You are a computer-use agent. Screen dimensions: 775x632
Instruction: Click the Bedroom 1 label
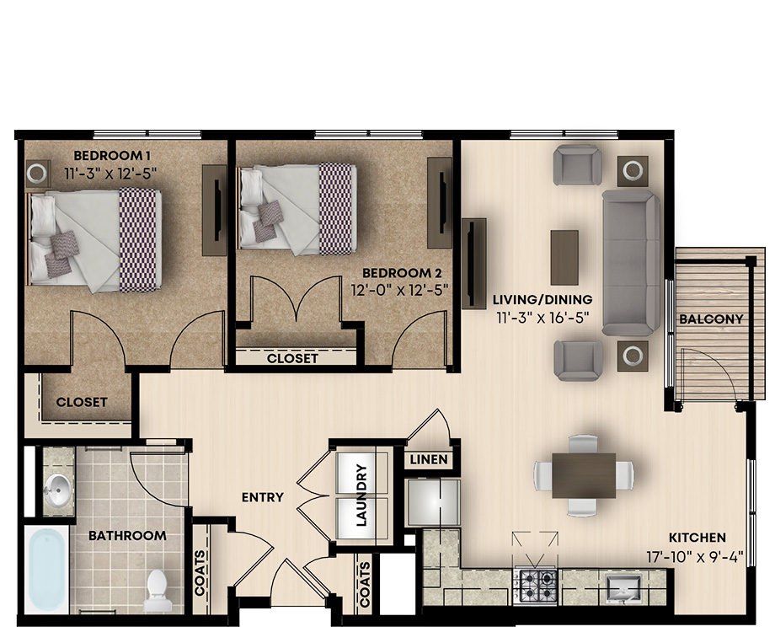[112, 155]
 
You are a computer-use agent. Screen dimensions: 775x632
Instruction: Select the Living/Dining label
[542, 299]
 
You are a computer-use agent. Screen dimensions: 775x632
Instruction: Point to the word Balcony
[711, 319]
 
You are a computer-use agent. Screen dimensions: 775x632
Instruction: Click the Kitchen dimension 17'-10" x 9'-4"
[695, 557]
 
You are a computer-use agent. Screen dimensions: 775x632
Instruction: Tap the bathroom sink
[57, 490]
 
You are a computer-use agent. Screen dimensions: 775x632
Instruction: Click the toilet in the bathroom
[158, 590]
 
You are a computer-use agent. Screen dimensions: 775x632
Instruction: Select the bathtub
[46, 570]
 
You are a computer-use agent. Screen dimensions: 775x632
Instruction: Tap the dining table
[584, 475]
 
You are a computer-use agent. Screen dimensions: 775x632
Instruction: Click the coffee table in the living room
[564, 257]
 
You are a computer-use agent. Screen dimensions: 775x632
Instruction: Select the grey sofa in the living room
[631, 263]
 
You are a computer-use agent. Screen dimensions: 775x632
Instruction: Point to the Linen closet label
[429, 459]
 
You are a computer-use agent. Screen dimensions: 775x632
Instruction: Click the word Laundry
[361, 495]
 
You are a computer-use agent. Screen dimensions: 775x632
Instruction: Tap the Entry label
[263, 497]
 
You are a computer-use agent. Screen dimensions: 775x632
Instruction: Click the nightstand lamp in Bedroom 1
[36, 173]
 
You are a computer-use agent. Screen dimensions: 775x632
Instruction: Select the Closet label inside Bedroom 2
[292, 358]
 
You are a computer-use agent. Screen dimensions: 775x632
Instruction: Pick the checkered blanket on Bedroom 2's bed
[338, 209]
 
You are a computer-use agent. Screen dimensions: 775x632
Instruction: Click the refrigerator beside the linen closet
[433, 502]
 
